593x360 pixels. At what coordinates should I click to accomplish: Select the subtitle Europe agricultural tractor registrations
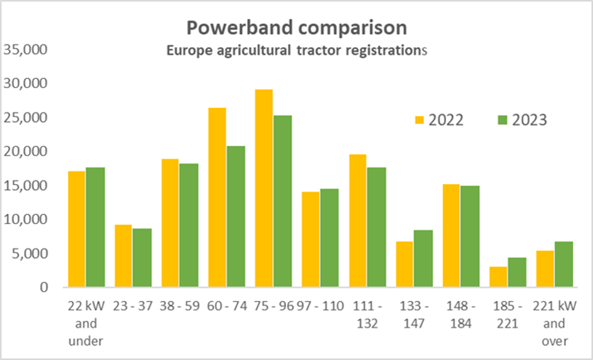pyautogui.click(x=296, y=51)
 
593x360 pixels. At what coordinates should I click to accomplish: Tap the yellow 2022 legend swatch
pyautogui.click(x=420, y=119)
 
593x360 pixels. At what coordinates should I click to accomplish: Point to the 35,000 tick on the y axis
pyautogui.click(x=27, y=50)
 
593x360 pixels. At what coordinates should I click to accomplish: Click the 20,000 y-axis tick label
pyautogui.click(x=27, y=152)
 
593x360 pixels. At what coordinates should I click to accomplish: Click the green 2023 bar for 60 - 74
pyautogui.click(x=236, y=216)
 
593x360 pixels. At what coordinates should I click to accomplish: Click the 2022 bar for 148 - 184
pyautogui.click(x=450, y=236)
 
